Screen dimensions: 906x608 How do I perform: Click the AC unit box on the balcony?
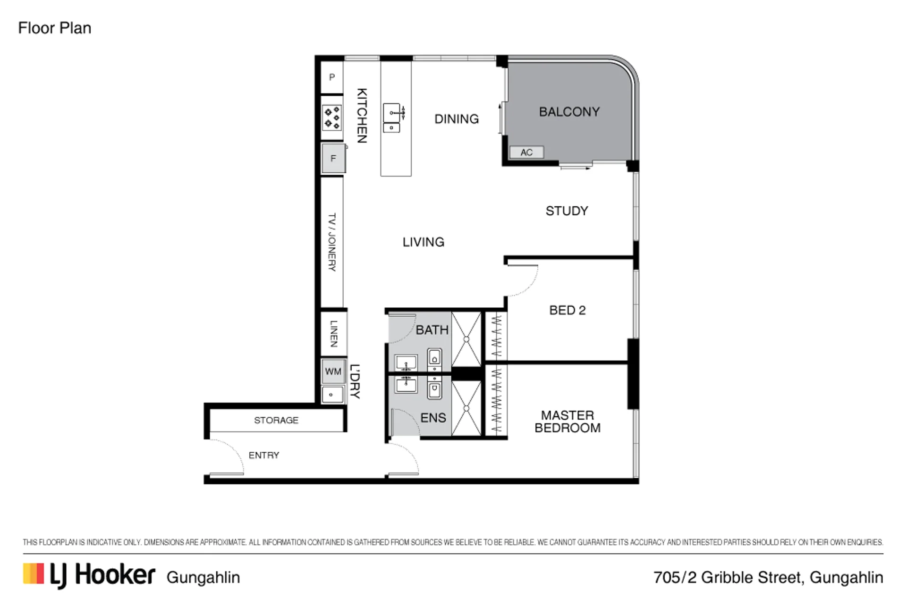pos(526,152)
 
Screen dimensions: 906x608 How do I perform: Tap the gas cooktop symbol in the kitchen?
pos(332,118)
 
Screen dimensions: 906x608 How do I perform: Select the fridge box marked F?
pos(333,158)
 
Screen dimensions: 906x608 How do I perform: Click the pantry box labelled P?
pos(332,77)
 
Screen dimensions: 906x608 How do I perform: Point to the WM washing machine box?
pos(333,372)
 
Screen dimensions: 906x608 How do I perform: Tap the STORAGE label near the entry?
pos(276,420)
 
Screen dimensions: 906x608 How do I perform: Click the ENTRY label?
pos(264,455)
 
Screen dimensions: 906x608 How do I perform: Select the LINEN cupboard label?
pos(334,334)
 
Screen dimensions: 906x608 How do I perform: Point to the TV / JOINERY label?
pos(332,242)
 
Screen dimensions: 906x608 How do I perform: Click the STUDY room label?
pos(567,211)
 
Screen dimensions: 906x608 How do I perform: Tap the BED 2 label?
pos(567,310)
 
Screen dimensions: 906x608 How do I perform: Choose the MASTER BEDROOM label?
pos(567,422)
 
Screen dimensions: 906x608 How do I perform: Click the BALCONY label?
pos(569,112)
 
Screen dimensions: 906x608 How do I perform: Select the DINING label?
pos(457,119)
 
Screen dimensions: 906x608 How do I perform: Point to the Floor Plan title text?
pos(55,28)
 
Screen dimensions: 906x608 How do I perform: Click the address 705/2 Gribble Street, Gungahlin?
pos(768,577)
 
